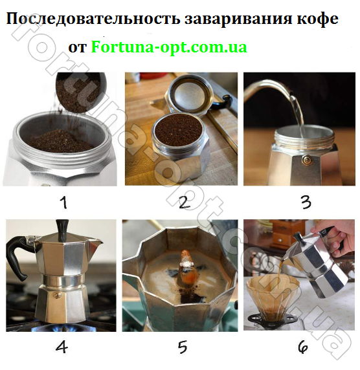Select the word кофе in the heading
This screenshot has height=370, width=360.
[317, 19]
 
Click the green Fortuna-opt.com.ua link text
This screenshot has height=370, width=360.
[169, 47]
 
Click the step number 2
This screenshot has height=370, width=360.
[183, 202]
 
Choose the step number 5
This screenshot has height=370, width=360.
[182, 347]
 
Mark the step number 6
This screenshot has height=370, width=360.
[303, 347]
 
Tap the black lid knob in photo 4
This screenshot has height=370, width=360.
[63, 227]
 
